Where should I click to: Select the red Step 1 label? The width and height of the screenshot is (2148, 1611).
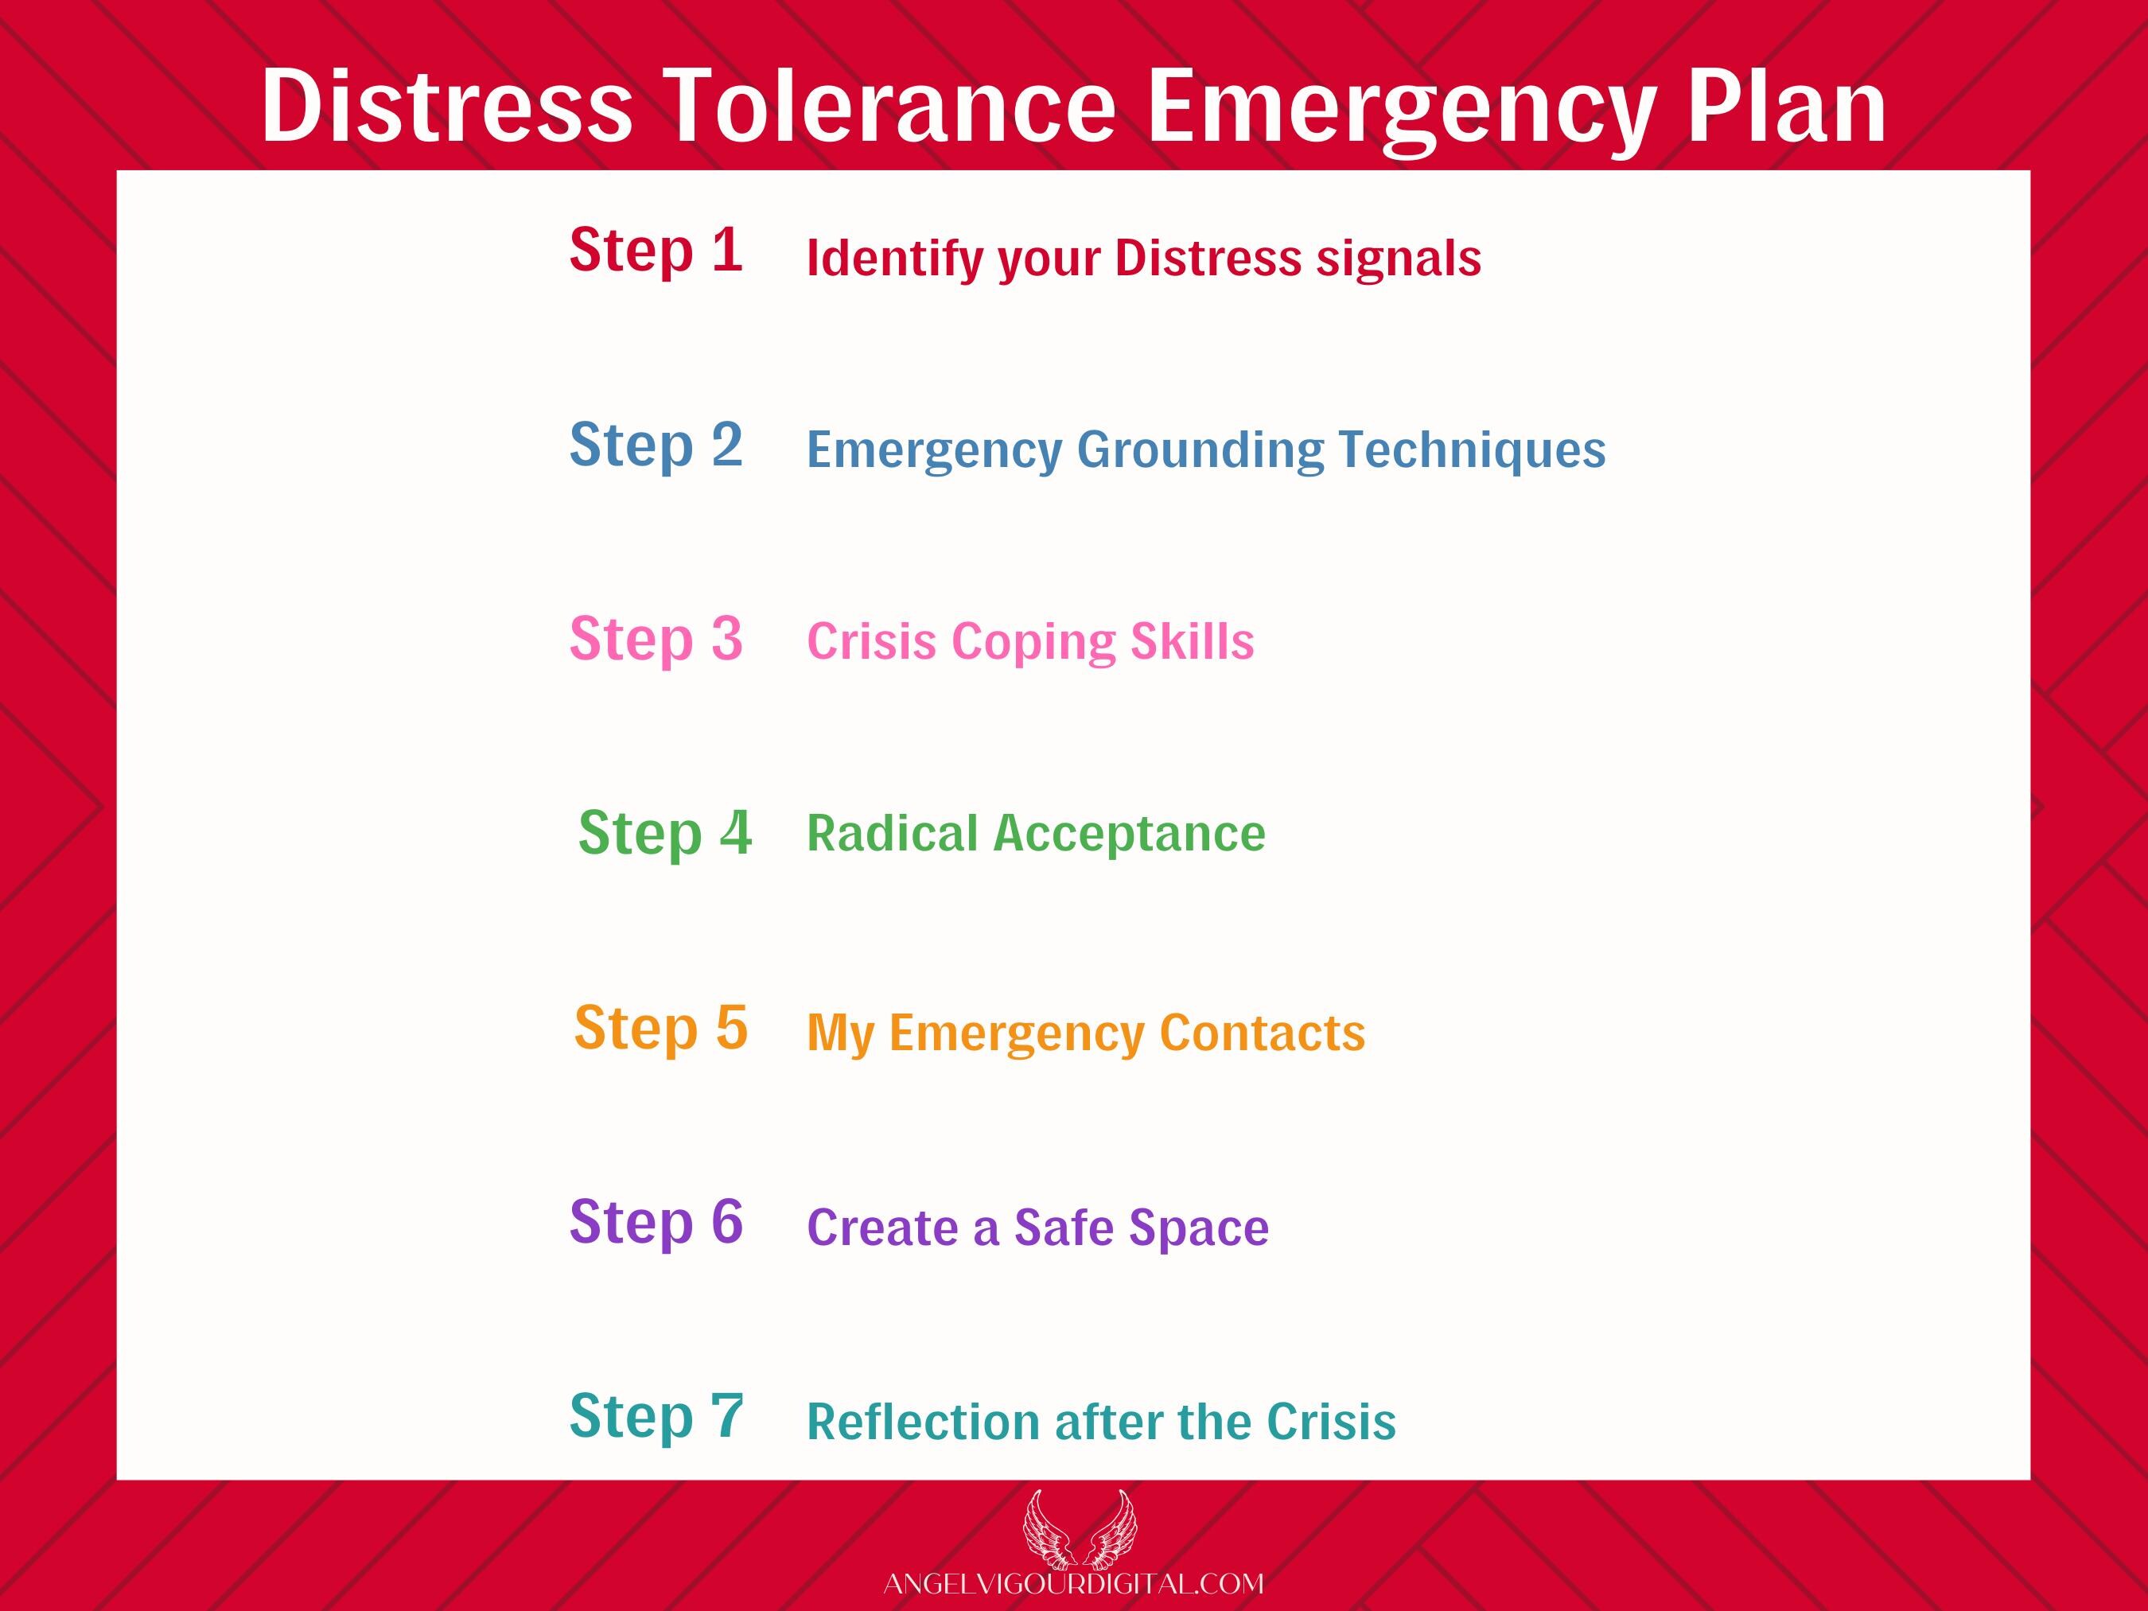tap(656, 251)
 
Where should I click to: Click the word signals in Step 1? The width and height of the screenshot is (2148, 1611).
tap(1399, 259)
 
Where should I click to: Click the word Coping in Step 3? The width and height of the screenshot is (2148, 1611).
tap(1033, 643)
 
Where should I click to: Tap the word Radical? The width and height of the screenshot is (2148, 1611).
tap(893, 833)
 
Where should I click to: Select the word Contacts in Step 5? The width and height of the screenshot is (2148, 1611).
tap(1263, 1033)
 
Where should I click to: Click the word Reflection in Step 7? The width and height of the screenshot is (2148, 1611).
tap(923, 1422)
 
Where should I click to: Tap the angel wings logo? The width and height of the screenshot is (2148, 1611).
tap(1080, 1531)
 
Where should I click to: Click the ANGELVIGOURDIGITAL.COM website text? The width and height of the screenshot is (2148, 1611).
tap(1074, 1584)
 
